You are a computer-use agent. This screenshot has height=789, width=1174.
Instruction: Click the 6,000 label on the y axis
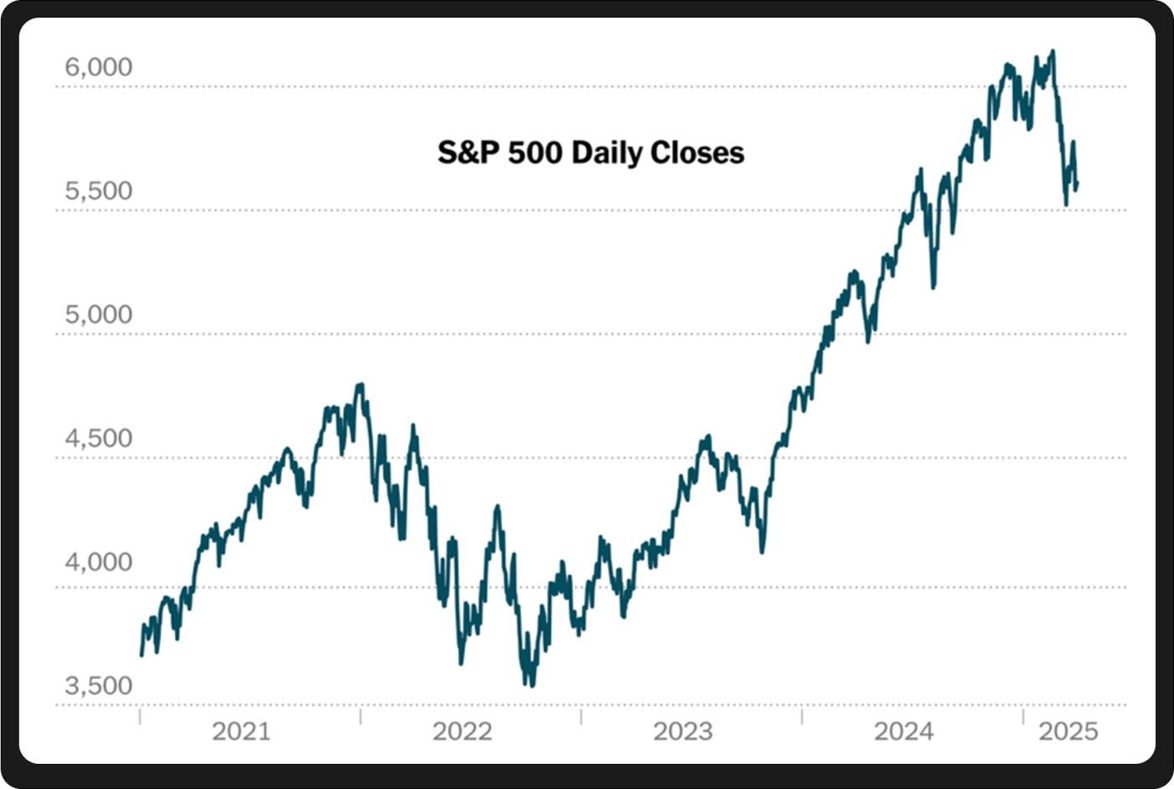pyautogui.click(x=99, y=67)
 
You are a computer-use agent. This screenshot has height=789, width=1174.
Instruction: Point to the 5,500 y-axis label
pyautogui.click(x=99, y=191)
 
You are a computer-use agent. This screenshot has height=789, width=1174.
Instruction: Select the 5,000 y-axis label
pyautogui.click(x=99, y=314)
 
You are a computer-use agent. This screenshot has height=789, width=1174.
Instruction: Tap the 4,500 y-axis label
pyautogui.click(x=99, y=439)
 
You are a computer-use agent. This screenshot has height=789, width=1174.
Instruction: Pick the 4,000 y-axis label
pyautogui.click(x=99, y=562)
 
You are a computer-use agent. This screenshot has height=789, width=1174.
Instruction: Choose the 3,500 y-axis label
pyautogui.click(x=99, y=686)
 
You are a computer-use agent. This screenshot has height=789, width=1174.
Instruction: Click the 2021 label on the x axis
pyautogui.click(x=241, y=731)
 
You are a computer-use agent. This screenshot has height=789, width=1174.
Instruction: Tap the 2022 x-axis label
pyautogui.click(x=462, y=731)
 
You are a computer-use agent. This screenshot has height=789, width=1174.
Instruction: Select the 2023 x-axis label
pyautogui.click(x=683, y=731)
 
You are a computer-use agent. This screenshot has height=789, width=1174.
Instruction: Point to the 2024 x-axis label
pyautogui.click(x=903, y=731)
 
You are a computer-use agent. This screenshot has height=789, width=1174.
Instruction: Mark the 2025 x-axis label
pyautogui.click(x=1068, y=731)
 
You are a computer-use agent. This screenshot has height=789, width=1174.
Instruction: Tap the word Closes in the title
pyautogui.click(x=698, y=153)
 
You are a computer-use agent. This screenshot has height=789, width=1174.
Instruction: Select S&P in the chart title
pyautogui.click(x=470, y=153)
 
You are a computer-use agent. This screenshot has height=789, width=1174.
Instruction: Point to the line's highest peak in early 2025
pyautogui.click(x=1053, y=51)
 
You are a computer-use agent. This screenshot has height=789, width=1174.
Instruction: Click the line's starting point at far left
pyautogui.click(x=141, y=655)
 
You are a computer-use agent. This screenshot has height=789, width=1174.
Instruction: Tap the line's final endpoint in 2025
pyautogui.click(x=1077, y=184)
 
